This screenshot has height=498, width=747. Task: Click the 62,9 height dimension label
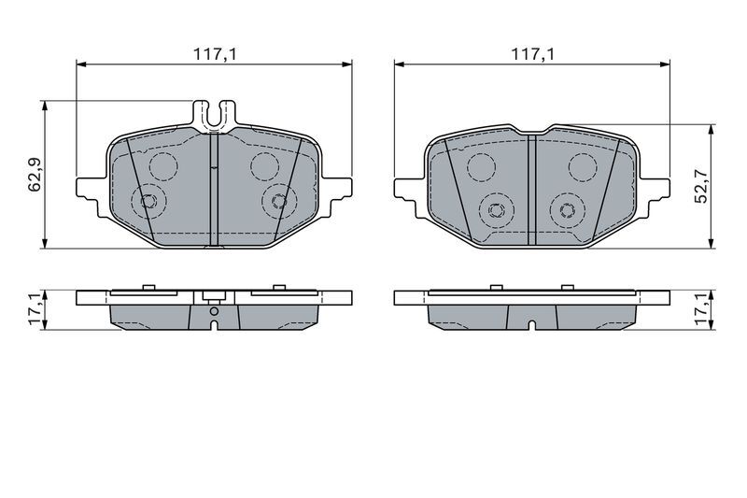[x=35, y=175]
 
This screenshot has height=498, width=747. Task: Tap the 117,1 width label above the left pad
[x=215, y=54]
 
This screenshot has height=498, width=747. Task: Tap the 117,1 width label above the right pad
[x=532, y=54]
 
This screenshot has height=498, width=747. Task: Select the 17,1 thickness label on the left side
[x=35, y=309]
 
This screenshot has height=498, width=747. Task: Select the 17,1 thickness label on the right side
[x=702, y=309]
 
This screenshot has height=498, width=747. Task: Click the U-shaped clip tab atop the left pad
[x=214, y=115]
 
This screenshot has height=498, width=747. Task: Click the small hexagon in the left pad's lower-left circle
[x=148, y=201]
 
